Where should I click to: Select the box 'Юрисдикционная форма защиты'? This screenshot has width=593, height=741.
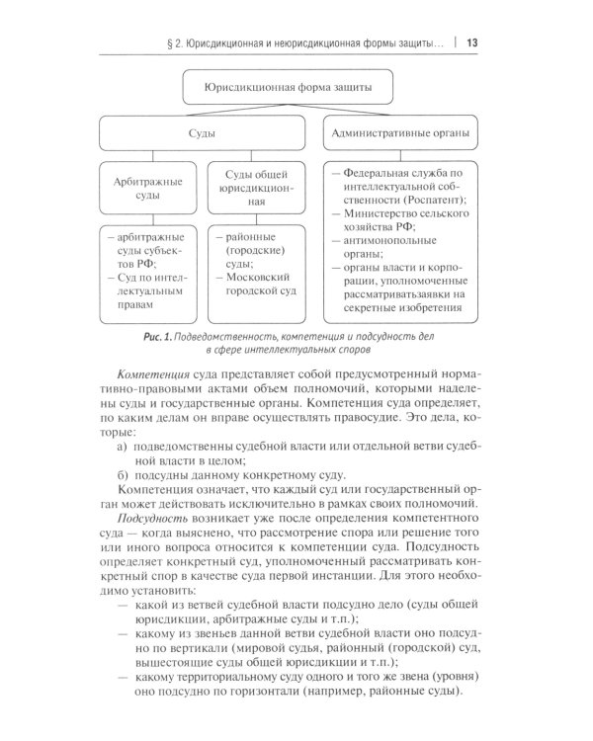coord(289,88)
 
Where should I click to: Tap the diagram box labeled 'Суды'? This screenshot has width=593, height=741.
coord(203,130)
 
